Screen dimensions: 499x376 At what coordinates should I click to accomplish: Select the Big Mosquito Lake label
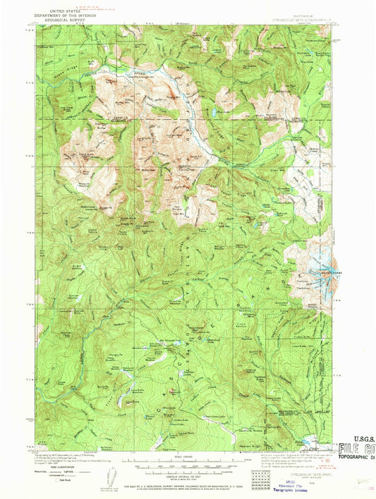[173, 347]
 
